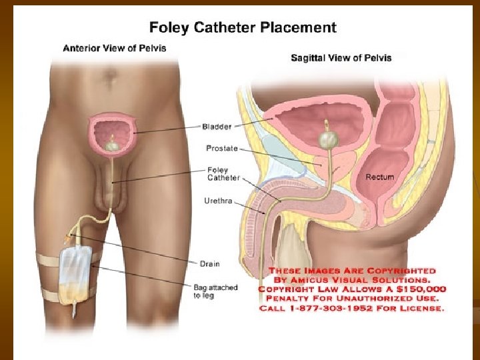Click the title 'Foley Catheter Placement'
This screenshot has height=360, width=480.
pos(243,28)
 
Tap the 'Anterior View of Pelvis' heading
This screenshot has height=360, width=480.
pos(114,48)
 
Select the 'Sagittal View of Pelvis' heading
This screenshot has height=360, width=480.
pos(341,58)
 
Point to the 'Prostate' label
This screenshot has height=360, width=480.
pos(222,148)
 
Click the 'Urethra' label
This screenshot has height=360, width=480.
pos(219,200)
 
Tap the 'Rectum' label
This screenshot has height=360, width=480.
pos(379,177)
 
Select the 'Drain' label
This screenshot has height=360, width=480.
pos(209,264)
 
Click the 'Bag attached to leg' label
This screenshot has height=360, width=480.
pos(215,291)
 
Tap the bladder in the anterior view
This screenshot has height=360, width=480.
pos(113,129)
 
